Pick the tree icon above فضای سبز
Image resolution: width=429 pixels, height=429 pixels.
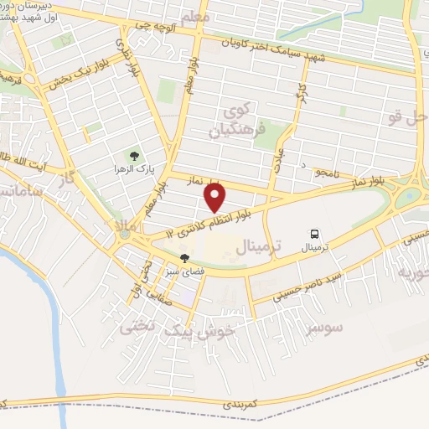pyautogui.click(x=183, y=259)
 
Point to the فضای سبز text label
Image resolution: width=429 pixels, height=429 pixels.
pyautogui.click(x=184, y=271)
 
